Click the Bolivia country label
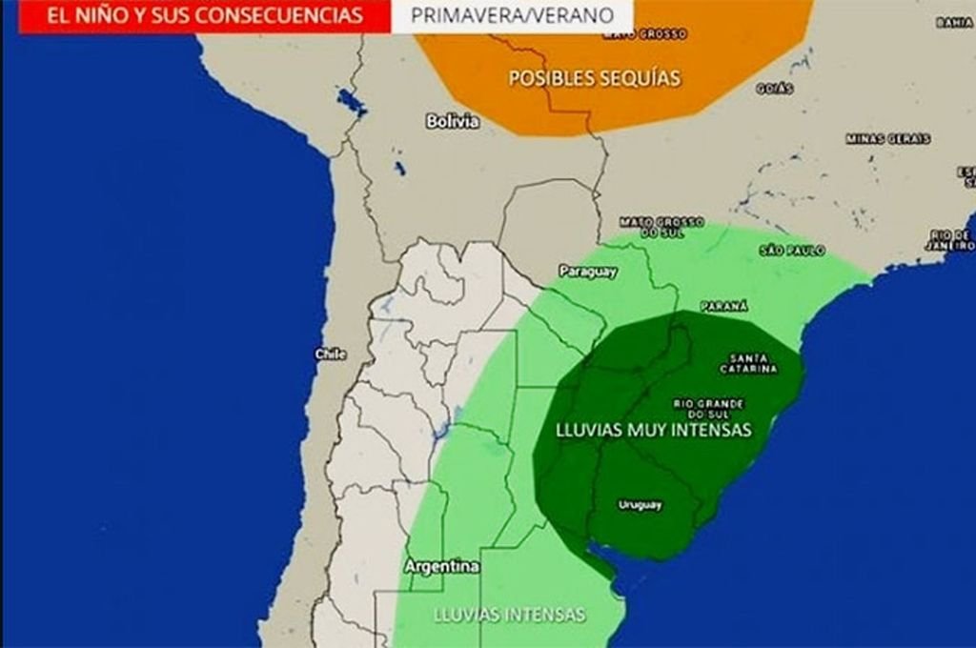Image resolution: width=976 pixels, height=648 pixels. click(453, 121)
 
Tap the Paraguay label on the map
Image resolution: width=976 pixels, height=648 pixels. click(588, 272)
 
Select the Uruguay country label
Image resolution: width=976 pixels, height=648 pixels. click(640, 505)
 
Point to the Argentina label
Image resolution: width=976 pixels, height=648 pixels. click(441, 566)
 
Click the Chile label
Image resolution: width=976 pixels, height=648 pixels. click(331, 354)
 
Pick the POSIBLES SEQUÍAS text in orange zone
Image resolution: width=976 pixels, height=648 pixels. click(595, 78)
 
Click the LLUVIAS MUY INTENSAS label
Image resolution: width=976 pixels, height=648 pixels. click(653, 430)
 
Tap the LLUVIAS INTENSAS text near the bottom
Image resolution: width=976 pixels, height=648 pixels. click(509, 615)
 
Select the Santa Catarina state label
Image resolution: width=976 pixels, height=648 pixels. click(748, 363)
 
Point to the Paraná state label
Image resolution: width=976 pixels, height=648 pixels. click(724, 306)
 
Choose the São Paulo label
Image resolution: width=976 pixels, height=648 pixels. click(792, 250)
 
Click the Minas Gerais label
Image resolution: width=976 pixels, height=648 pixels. click(887, 138)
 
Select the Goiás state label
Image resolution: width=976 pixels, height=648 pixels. click(775, 88)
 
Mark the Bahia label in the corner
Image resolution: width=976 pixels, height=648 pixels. click(953, 22)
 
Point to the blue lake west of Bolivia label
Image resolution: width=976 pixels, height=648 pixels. click(351, 102)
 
